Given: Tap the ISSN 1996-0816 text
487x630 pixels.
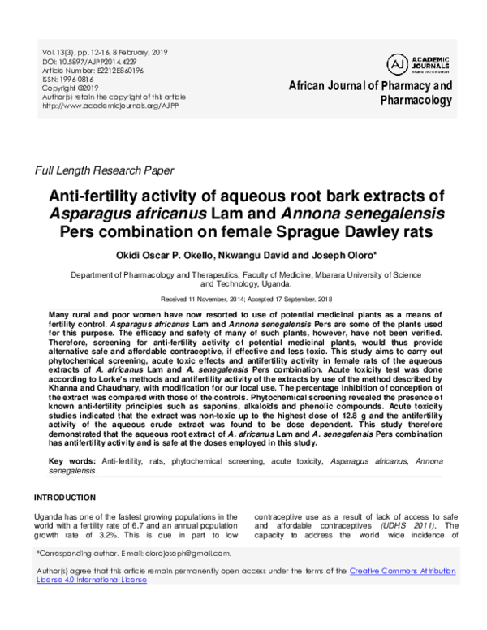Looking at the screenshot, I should [x=68, y=79].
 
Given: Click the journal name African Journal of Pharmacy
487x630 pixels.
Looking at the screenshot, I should [x=371, y=85].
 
